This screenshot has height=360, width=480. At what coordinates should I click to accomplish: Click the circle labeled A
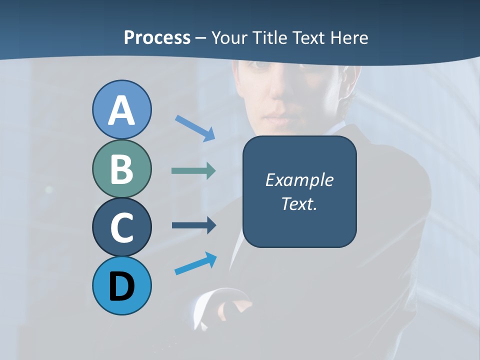[121, 109]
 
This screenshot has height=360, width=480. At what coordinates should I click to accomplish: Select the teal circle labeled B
[121, 168]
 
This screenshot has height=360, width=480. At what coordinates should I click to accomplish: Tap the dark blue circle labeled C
[121, 227]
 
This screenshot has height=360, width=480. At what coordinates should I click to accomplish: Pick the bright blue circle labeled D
[121, 285]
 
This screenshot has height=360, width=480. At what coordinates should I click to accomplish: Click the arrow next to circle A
[195, 128]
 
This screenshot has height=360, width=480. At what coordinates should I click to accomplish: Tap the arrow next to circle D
[195, 263]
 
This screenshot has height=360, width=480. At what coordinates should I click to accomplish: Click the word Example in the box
[299, 180]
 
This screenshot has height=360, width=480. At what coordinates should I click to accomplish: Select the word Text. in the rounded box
[299, 203]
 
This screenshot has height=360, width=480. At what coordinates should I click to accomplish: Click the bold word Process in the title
[157, 37]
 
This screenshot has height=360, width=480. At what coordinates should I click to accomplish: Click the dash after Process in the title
[200, 38]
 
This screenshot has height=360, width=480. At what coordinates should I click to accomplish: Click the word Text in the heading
[310, 37]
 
